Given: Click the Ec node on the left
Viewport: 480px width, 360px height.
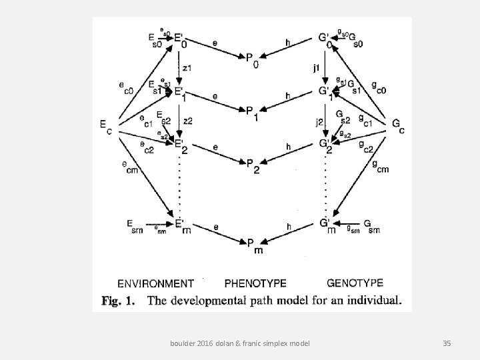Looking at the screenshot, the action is coord(105,126).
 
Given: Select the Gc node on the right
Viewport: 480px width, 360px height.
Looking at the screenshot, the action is coord(398,126).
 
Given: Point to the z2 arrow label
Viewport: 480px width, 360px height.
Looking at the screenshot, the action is coord(187,121).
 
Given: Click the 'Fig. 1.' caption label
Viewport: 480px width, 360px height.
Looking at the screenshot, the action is coord(119,301).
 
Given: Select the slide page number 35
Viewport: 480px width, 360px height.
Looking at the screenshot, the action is coord(447,343).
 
